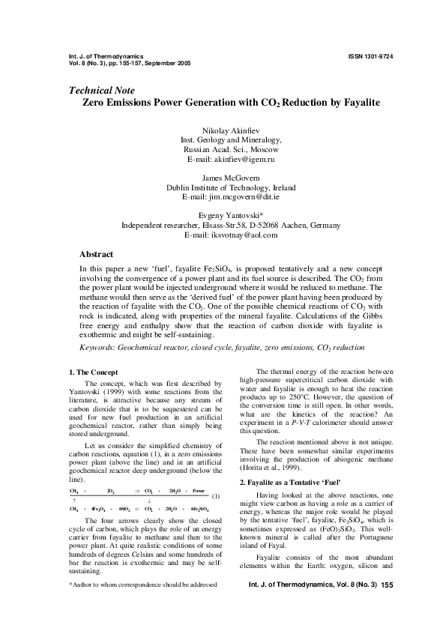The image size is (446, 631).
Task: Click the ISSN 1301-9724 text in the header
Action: tap(370, 56)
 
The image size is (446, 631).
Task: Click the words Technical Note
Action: tap(101, 91)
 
